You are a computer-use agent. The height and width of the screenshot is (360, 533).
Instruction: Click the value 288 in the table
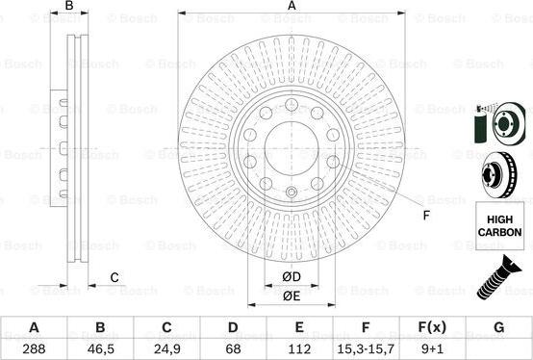(34, 348)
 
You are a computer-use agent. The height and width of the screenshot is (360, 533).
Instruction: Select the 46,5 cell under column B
(100, 348)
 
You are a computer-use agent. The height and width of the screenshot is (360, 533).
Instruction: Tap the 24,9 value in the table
(166, 348)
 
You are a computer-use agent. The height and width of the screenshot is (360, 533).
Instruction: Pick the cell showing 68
(233, 348)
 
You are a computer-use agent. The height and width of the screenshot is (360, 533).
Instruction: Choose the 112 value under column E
(299, 348)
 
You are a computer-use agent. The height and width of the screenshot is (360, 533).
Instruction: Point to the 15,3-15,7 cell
(366, 348)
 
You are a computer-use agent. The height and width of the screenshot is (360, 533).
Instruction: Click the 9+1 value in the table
(432, 348)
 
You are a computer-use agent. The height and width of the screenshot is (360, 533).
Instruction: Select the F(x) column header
(432, 327)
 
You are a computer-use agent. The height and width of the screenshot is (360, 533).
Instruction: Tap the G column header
(498, 327)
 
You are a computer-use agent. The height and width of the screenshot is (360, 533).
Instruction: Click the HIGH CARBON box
(499, 226)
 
